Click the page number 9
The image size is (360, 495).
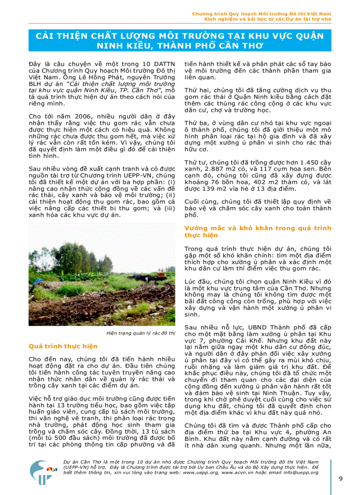[x=341, y=479]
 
